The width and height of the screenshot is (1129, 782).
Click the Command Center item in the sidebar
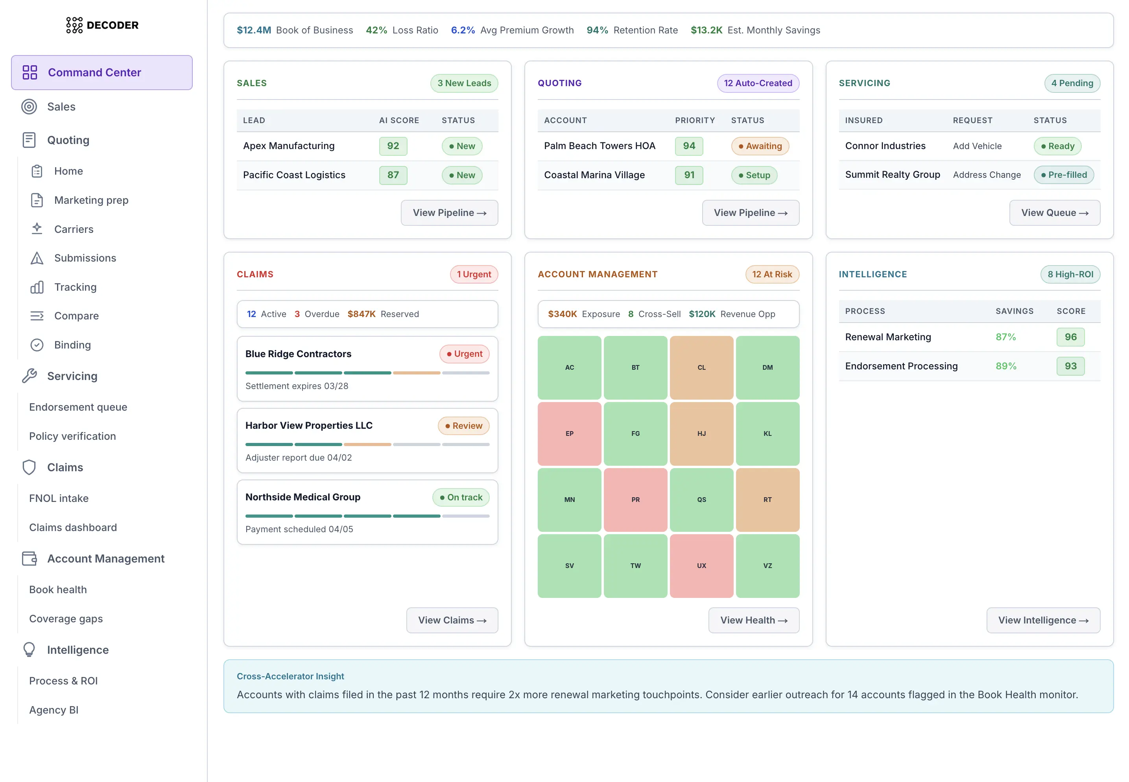click(101, 72)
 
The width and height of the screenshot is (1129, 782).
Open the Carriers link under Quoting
click(74, 229)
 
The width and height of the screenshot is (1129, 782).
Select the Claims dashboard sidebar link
click(72, 527)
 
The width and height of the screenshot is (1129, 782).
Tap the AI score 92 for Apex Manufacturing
click(393, 146)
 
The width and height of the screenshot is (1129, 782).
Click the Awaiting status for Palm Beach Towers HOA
click(760, 146)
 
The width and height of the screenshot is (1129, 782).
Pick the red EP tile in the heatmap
click(569, 433)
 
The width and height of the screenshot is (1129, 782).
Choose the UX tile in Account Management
click(701, 565)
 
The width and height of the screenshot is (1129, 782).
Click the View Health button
click(753, 620)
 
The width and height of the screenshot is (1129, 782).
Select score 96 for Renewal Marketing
click(1070, 337)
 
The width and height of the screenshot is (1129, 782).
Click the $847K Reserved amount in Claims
click(362, 314)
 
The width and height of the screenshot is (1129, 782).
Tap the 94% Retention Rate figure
click(597, 30)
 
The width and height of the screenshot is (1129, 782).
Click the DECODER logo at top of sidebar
click(102, 25)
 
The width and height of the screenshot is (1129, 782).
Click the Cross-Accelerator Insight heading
click(290, 676)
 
